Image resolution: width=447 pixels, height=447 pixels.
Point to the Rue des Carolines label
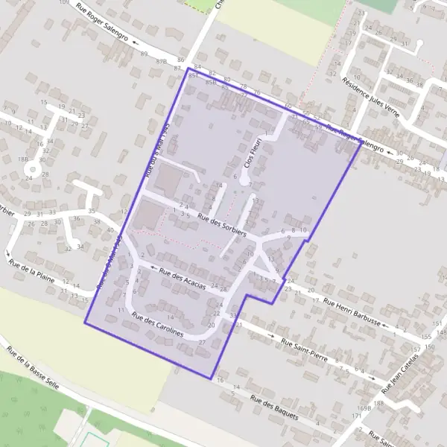pyautogui.click(x=157, y=326)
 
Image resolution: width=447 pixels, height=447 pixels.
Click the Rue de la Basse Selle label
pyautogui.click(x=26, y=368)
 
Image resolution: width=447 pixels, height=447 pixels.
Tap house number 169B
pyautogui.click(x=364, y=408)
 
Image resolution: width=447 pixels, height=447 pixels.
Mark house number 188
pyautogui.click(x=378, y=403)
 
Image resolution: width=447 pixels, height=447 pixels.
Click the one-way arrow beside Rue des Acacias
pyautogui.click(x=153, y=268)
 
